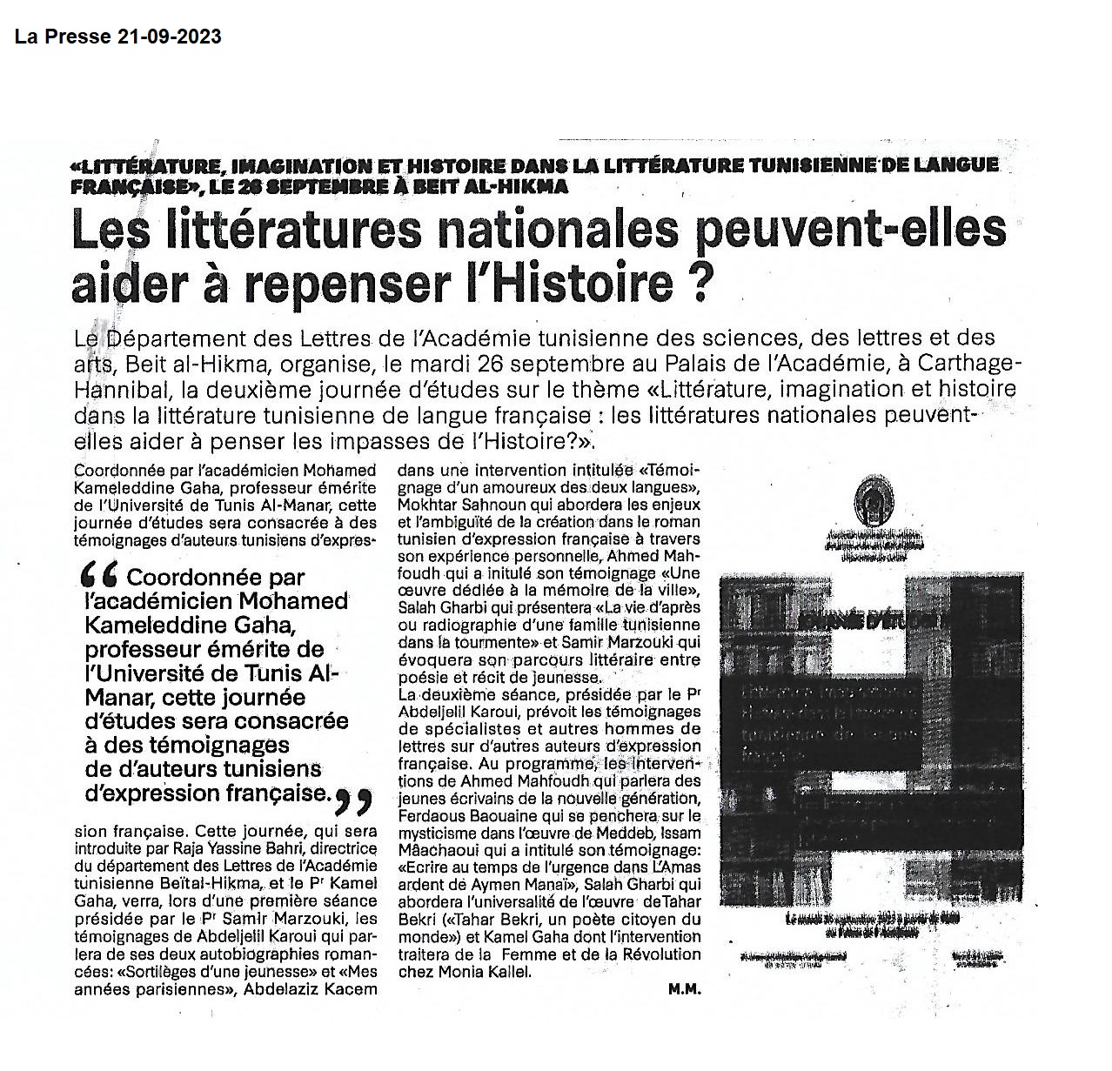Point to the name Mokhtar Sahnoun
coord(453,505)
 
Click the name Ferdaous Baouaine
coord(459,816)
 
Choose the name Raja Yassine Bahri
coord(233,848)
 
